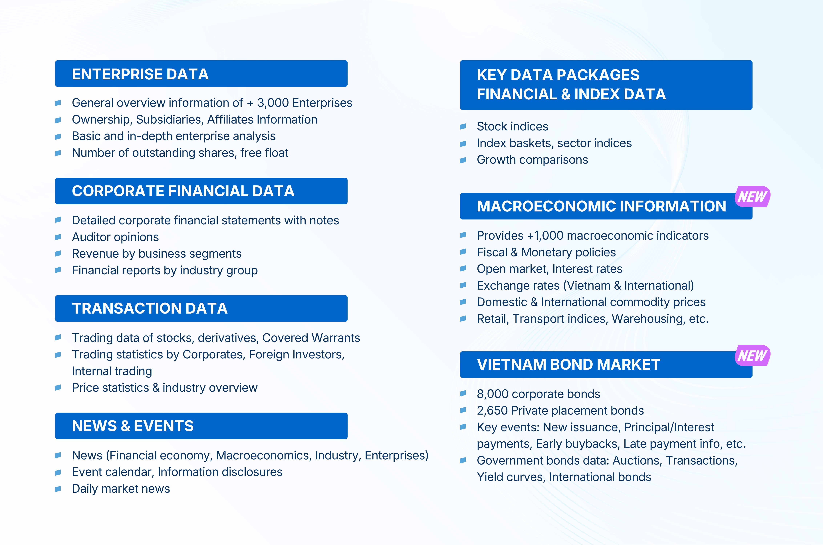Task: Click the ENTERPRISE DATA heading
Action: [140, 74]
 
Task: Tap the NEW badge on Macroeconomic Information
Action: [752, 197]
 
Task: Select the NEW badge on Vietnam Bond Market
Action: [752, 356]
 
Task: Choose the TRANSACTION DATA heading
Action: [150, 308]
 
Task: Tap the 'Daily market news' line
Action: [121, 489]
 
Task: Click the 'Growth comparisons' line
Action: [532, 160]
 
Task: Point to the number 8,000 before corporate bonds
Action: [493, 394]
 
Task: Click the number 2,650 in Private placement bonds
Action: [492, 411]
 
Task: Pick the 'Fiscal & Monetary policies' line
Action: [546, 252]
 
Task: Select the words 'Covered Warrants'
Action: [311, 338]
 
